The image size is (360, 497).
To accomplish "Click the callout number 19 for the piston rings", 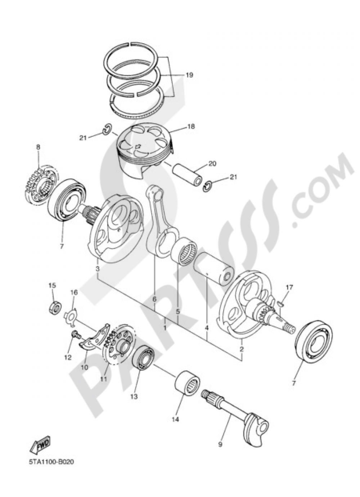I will (x=189, y=75).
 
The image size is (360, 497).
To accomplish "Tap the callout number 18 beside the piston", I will (x=190, y=127).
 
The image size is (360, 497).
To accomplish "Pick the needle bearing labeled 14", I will (x=187, y=384).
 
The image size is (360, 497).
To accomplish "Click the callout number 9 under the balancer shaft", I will (x=220, y=445).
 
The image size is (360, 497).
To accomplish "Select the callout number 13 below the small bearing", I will (x=134, y=397).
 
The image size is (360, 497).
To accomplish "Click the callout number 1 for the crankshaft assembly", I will (x=165, y=328).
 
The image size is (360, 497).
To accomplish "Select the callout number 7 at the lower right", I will (x=293, y=384).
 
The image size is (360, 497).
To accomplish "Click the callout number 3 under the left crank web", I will (x=97, y=269).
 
